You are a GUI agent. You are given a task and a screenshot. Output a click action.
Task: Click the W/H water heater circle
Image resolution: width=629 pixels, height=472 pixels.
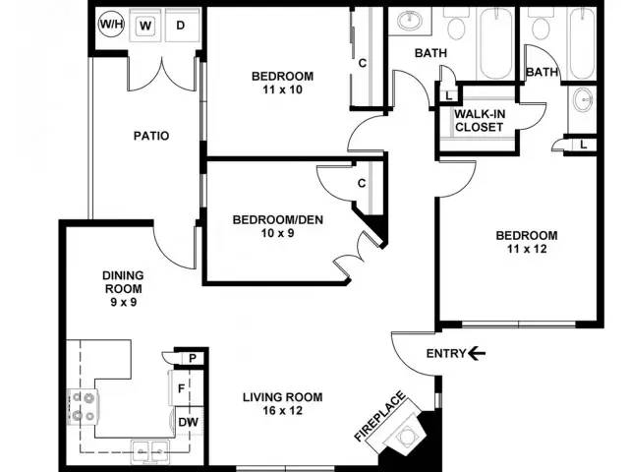[x=111, y=24]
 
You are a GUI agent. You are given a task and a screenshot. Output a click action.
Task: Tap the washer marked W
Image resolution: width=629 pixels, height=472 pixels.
[x=145, y=25]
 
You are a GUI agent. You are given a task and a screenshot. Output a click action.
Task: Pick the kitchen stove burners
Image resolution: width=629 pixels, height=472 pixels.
[x=84, y=407]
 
